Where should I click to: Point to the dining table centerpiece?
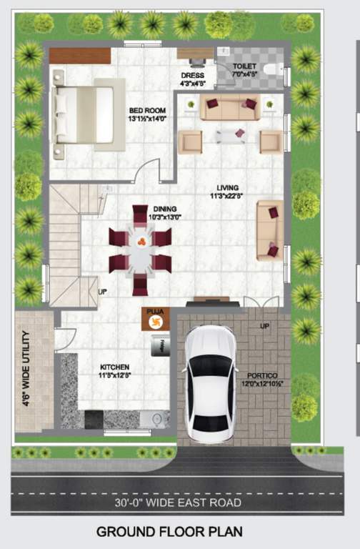pos(141,240)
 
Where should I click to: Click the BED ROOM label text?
pos(146,114)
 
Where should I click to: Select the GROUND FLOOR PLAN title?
pos(169,532)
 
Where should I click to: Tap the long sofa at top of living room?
pos(229,108)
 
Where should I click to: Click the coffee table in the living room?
pos(230,135)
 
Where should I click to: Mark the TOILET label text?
pos(246,66)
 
